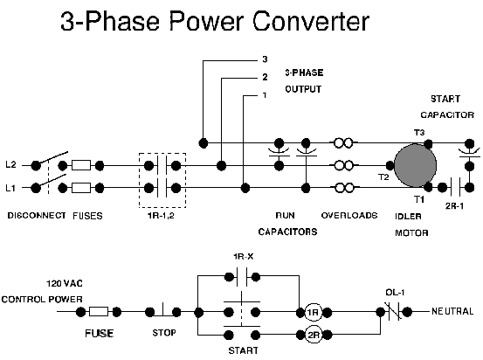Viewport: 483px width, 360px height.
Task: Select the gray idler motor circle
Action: [x=417, y=165]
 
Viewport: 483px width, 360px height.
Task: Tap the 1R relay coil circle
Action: [x=312, y=312]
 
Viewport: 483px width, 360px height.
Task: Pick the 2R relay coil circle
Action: [x=312, y=333]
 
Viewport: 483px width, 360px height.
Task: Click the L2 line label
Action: [x=10, y=164]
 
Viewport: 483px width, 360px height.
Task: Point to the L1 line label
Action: [x=10, y=187]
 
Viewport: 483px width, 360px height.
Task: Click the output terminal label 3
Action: [x=264, y=59]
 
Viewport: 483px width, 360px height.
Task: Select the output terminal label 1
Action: [x=264, y=94]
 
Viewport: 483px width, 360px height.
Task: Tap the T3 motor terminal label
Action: [x=419, y=133]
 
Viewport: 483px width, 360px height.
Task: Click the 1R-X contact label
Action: [x=243, y=256]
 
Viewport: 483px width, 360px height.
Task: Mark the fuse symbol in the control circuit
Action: [x=99, y=311]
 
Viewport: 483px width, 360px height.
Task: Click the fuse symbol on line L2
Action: [x=80, y=164]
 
